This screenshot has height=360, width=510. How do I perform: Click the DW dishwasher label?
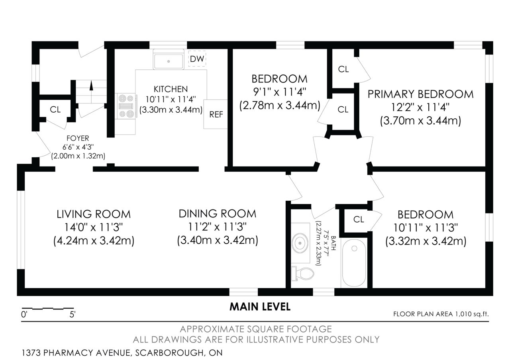pos(197,59)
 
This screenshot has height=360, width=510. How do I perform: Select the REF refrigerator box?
pos(216,114)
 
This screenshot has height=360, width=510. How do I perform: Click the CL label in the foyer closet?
pos(55,110)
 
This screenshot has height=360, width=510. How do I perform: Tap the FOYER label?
pos(78,138)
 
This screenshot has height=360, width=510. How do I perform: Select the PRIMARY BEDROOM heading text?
pos(420,94)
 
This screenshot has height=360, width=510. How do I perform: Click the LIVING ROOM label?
pos(94,214)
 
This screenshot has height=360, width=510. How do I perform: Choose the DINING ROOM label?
pos(218,214)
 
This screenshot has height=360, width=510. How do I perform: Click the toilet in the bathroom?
pos(302,274)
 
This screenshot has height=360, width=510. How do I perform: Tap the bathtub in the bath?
pos(354,262)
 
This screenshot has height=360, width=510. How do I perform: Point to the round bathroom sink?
pos(300,243)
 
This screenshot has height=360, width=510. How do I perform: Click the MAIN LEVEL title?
pos(260,307)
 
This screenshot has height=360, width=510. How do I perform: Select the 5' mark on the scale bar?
pos(73,315)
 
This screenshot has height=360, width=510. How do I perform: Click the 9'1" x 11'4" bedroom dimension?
pos(280,92)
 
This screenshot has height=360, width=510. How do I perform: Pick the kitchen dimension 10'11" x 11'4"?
pos(171,100)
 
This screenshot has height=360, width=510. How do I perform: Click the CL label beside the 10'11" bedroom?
pos(359,219)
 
